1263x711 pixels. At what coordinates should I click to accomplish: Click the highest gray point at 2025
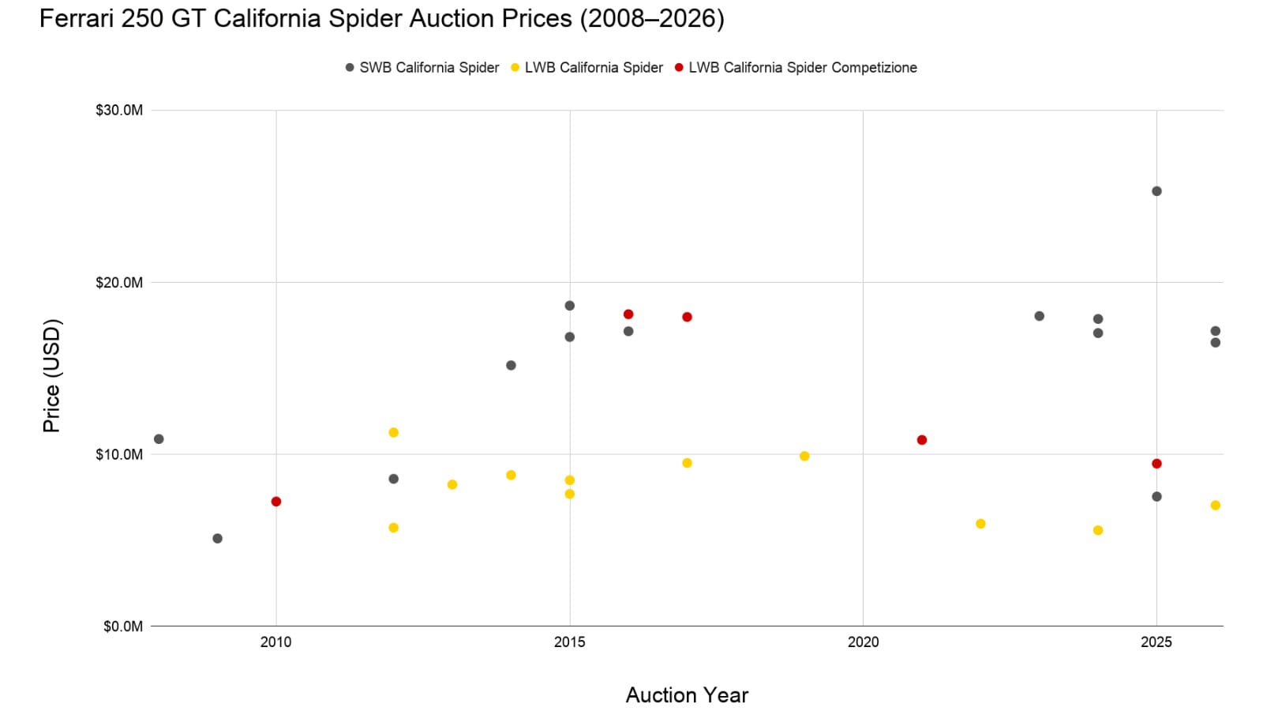pyautogui.click(x=1156, y=191)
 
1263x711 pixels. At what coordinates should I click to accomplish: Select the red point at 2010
pyautogui.click(x=276, y=502)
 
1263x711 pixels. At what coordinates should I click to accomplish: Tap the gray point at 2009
pyautogui.click(x=218, y=539)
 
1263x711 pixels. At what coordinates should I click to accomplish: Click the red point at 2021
pyautogui.click(x=922, y=440)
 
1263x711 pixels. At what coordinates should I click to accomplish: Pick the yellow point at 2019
pyautogui.click(x=804, y=456)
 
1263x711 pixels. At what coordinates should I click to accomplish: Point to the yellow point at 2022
pyautogui.click(x=980, y=524)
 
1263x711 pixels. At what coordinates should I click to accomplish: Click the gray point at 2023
pyautogui.click(x=1040, y=316)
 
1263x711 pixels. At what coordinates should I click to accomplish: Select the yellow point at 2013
pyautogui.click(x=452, y=484)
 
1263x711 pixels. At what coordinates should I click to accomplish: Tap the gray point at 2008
pyautogui.click(x=159, y=439)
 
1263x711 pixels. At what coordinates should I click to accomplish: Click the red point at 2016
pyautogui.click(x=628, y=314)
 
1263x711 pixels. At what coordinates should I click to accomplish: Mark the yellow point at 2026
pyautogui.click(x=1216, y=506)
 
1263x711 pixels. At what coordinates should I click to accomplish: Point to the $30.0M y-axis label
pyautogui.click(x=119, y=111)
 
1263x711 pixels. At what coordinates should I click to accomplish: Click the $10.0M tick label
pyautogui.click(x=119, y=454)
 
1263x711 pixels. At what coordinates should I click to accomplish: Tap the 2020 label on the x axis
pyautogui.click(x=863, y=642)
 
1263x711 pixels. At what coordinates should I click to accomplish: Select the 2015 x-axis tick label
pyautogui.click(x=570, y=642)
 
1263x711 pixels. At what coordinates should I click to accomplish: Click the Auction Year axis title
pyautogui.click(x=687, y=695)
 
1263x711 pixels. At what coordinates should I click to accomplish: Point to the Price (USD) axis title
pyautogui.click(x=51, y=375)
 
